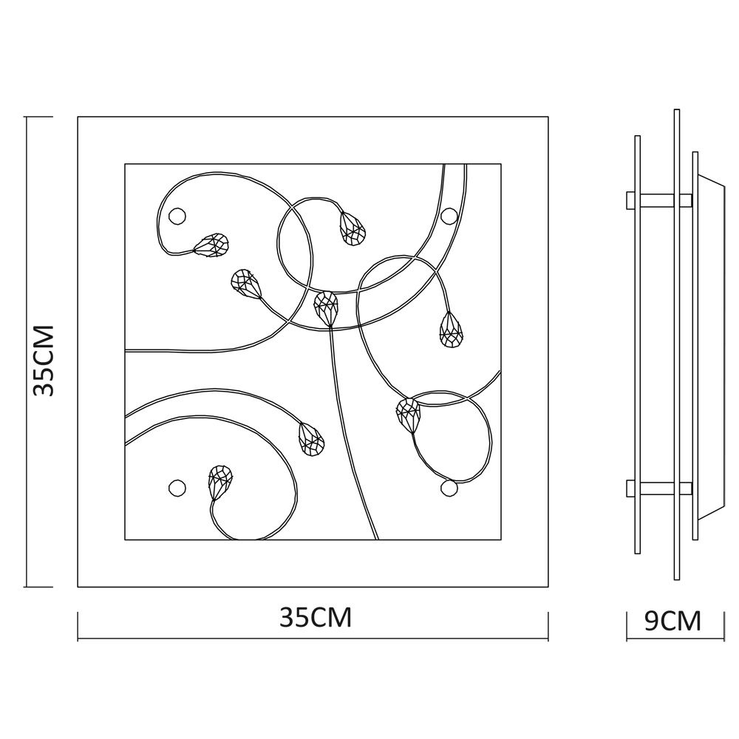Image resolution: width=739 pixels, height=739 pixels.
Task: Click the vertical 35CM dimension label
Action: tap(44, 360)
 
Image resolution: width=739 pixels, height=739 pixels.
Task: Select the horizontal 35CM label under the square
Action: tap(316, 617)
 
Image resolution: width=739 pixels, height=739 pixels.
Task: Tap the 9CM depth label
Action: tap(672, 621)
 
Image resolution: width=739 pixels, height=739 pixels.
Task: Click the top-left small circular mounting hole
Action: tap(177, 217)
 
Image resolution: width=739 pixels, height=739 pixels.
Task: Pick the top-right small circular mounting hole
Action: tap(449, 217)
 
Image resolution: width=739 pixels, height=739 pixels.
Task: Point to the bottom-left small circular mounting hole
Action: tap(177, 488)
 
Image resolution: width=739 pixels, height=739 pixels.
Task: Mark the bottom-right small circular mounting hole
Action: tap(449, 488)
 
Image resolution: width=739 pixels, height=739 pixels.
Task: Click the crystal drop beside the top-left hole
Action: tap(211, 245)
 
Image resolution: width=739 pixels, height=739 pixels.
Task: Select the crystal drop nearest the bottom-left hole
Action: tap(219, 483)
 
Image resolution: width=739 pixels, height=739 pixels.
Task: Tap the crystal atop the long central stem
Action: tap(326, 307)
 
